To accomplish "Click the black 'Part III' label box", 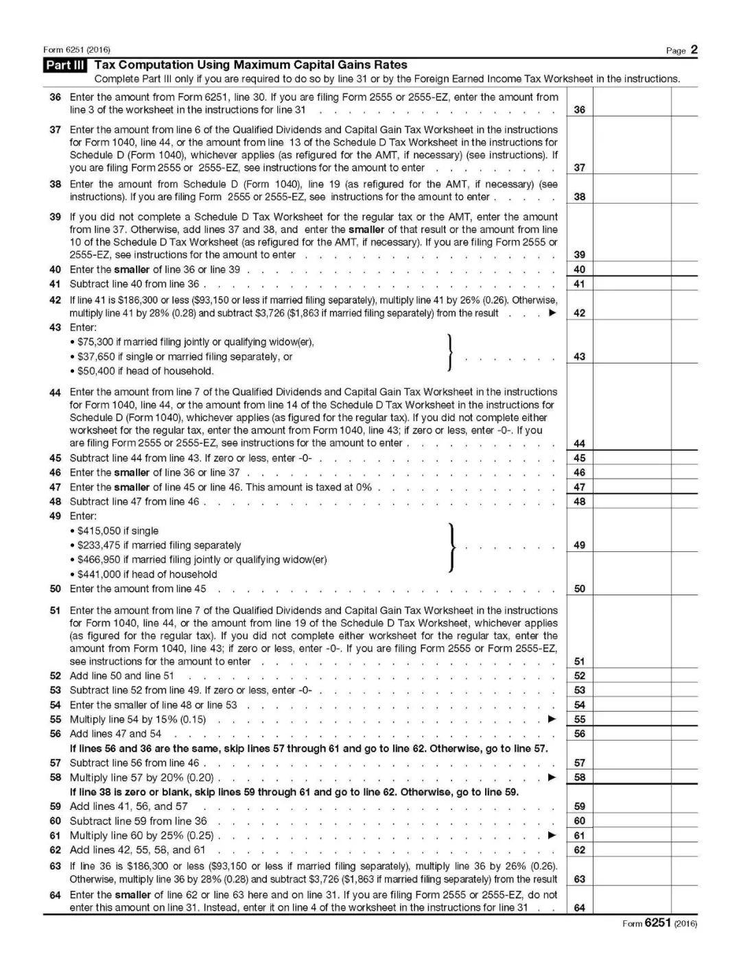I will pyautogui.click(x=65, y=66).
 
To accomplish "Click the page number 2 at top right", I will pyautogui.click(x=694, y=49).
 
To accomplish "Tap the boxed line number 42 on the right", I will pyautogui.click(x=579, y=313).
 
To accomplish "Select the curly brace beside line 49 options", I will pyautogui.click(x=451, y=547).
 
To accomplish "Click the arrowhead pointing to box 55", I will pyautogui.click(x=552, y=719).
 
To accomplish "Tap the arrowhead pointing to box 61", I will pyautogui.click(x=552, y=835).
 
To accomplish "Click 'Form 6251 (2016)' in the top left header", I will pyautogui.click(x=76, y=50).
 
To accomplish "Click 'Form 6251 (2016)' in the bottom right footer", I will pyautogui.click(x=659, y=924).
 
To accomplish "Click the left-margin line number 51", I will pyautogui.click(x=55, y=610).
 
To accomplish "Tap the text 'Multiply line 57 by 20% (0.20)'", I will pyautogui.click(x=141, y=778).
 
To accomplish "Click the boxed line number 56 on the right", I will pyautogui.click(x=579, y=734).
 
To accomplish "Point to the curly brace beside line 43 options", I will pyautogui.click(x=449, y=352).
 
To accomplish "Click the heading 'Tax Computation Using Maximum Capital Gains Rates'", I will pyautogui.click(x=250, y=65).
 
